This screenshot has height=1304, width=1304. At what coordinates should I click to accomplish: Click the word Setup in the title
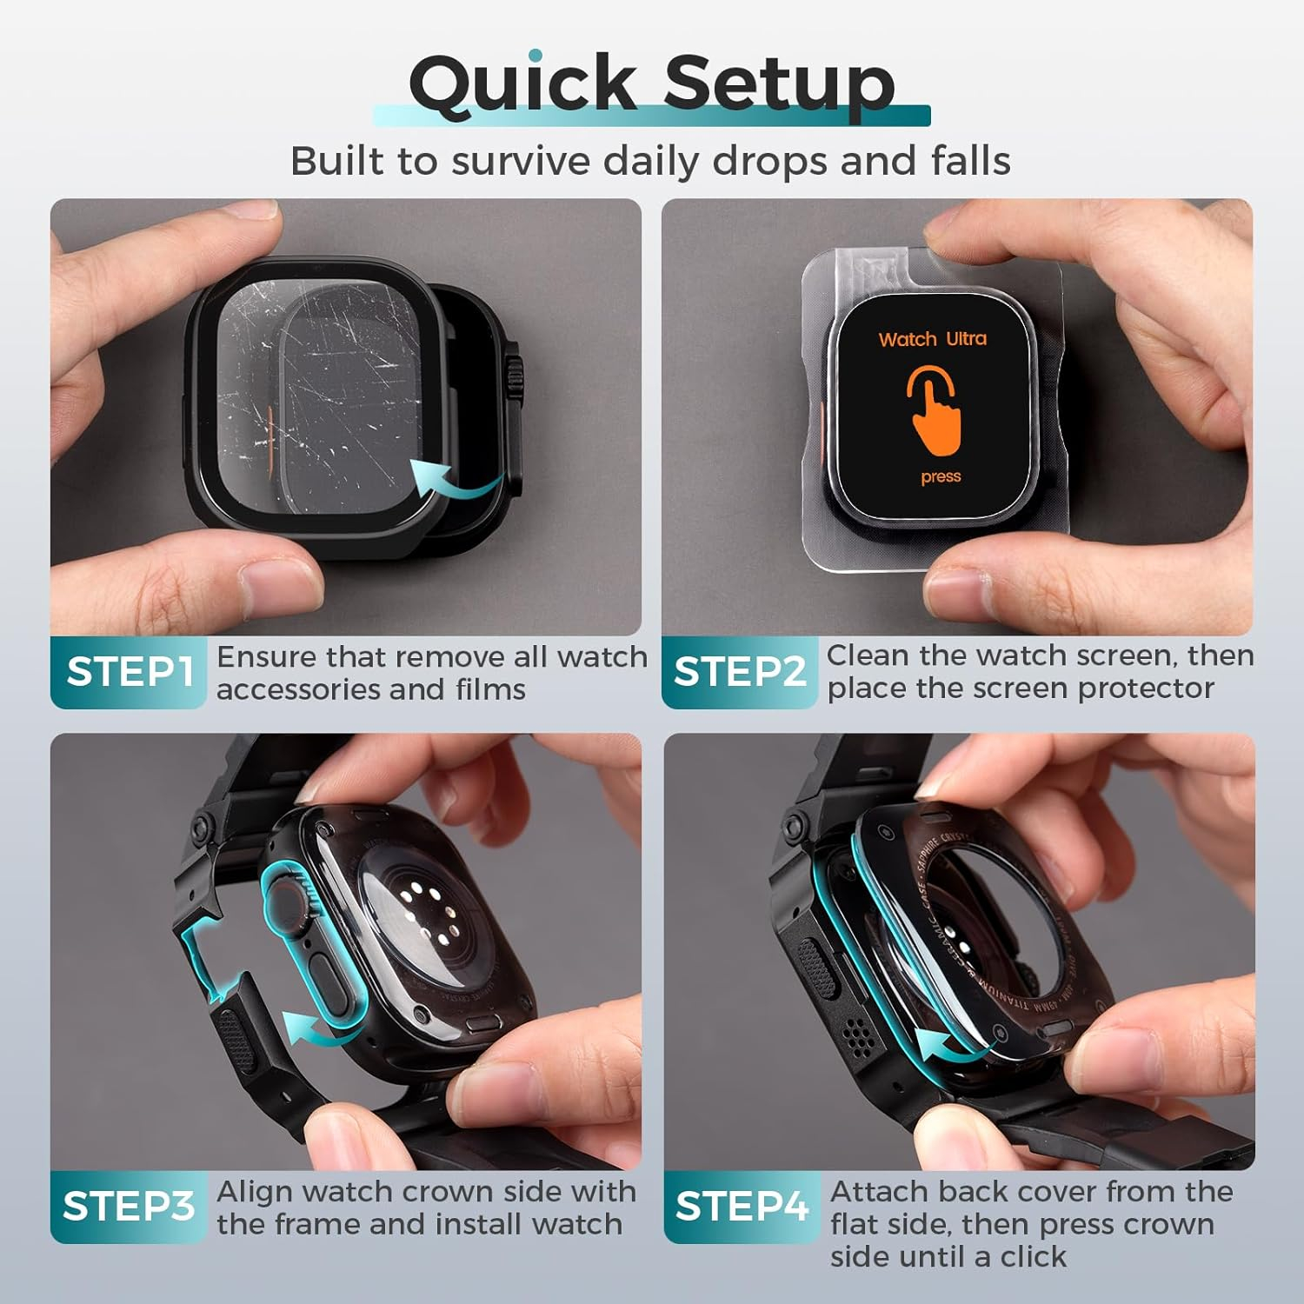click(779, 83)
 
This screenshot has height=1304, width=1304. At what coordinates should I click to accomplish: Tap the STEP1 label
click(130, 672)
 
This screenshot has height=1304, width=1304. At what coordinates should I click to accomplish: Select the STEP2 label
click(741, 672)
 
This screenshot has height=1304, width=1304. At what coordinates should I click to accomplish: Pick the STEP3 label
click(129, 1206)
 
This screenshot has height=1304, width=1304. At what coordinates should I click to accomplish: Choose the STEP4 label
click(742, 1207)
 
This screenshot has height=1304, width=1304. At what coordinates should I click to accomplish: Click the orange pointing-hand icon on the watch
click(935, 411)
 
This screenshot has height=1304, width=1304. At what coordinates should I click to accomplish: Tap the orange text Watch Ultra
click(933, 339)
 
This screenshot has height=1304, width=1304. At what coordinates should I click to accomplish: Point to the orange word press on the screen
click(941, 477)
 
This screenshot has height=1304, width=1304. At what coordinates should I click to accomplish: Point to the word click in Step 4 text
click(1032, 1256)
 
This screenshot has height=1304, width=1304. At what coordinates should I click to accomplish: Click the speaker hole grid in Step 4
click(861, 1035)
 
